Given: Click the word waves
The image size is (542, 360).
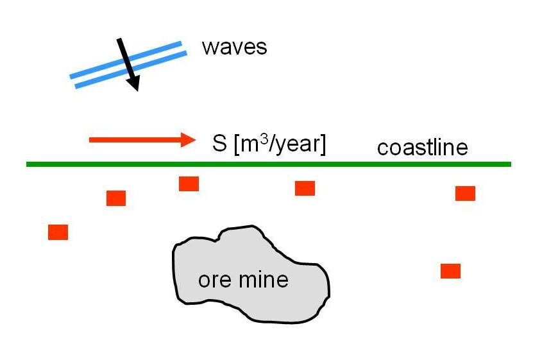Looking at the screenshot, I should point(233,47).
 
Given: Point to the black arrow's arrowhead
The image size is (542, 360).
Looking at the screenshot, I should point(134,84).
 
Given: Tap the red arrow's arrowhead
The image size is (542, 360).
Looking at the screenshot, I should point(189,139).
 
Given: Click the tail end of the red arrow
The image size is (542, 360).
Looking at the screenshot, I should point(91,139).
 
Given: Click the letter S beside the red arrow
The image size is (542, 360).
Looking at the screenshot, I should point(219,143).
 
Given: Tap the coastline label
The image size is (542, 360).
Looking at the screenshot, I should point(422,148).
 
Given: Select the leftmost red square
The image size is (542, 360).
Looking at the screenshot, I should point(58,232).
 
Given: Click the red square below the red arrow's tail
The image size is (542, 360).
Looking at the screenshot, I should point(116,198).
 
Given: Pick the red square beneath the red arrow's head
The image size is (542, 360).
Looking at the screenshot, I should point(189,184).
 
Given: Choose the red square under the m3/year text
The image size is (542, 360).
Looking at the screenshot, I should point(305,188).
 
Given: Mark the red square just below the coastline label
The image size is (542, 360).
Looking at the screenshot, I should point(465,193).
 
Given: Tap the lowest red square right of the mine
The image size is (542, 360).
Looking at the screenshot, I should point(450,271).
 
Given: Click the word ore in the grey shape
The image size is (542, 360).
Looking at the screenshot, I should point(212,280).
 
